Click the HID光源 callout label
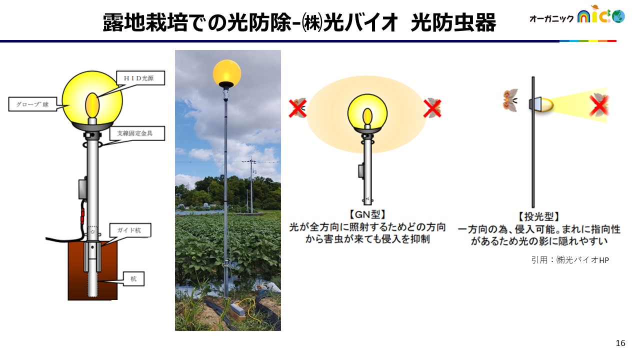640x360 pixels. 140,78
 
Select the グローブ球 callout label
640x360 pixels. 32,104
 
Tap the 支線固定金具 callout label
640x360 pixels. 137,133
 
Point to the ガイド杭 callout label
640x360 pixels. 130,230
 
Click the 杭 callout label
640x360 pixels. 133,278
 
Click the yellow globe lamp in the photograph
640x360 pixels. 227,73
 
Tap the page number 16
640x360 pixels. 620,343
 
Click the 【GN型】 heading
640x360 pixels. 367,214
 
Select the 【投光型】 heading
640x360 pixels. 539,216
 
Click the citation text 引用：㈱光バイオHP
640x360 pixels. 569,259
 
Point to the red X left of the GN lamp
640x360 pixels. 297,108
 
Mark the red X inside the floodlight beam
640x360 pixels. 599,105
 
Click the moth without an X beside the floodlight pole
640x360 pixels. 510,100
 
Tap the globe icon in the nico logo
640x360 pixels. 618,16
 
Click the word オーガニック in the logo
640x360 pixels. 551,18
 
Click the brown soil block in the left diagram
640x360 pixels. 92,271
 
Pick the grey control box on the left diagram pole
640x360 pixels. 83,188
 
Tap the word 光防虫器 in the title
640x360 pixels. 453,22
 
